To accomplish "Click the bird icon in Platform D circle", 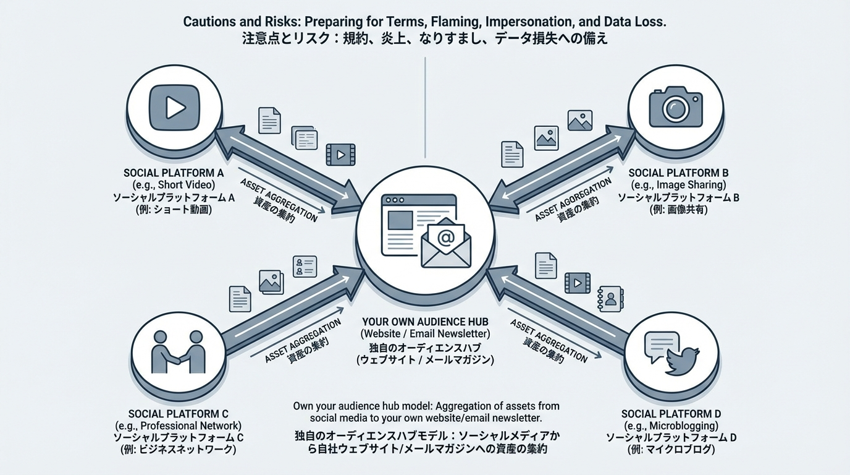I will click(x=683, y=361).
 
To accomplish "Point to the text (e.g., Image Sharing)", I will click(x=678, y=185).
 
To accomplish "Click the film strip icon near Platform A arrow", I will click(x=340, y=153).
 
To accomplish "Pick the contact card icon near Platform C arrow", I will click(x=305, y=267).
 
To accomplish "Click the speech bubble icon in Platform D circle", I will click(x=660, y=347).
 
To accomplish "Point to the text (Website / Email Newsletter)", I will click(x=426, y=334).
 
